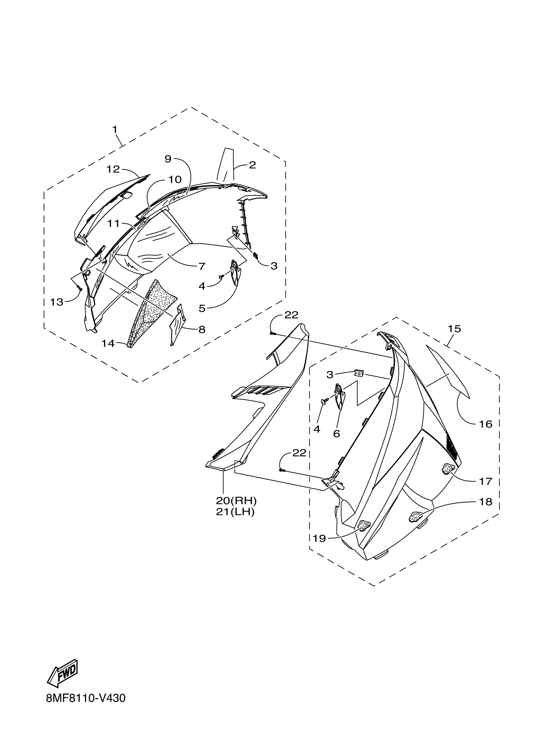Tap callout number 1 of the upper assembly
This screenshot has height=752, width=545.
click(115, 129)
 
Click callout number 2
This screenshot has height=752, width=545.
click(252, 165)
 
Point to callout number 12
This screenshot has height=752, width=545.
click(113, 169)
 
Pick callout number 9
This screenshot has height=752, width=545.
click(168, 159)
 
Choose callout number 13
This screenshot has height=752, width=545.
click(57, 302)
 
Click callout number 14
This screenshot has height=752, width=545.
click(108, 343)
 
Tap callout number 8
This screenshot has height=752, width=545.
click(202, 329)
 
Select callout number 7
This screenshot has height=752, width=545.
click(202, 266)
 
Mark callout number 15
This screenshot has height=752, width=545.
click(455, 329)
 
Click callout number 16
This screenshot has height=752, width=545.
click(486, 424)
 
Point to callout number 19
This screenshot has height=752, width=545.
click(319, 539)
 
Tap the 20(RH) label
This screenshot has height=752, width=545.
click(236, 500)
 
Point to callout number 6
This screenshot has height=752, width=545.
click(337, 434)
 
